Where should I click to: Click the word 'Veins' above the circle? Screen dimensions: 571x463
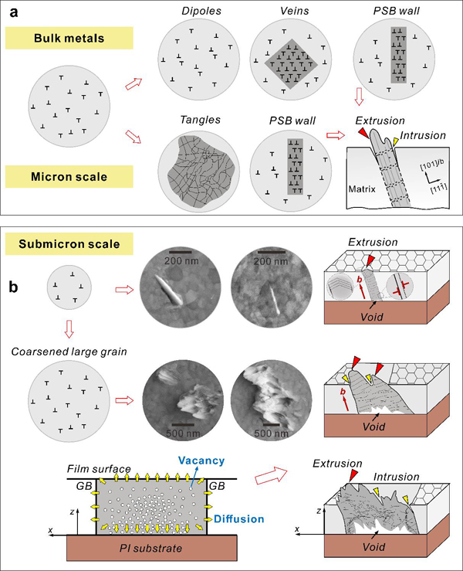coord(287,14)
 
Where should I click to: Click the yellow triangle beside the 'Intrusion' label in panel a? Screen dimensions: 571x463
coord(396,140)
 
